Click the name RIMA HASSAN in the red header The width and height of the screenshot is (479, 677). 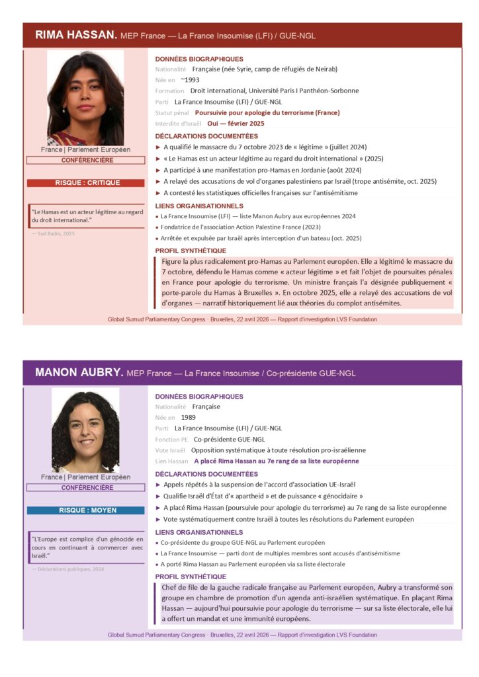click(76, 34)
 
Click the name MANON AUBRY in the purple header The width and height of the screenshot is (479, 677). click(79, 373)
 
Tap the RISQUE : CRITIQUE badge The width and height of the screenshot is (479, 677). click(85, 183)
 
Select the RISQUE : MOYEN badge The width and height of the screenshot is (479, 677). click(85, 510)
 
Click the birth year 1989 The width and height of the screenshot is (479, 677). click(189, 418)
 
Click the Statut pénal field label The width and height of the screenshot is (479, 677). click(172, 112)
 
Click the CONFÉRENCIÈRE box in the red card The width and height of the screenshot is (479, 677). click(85, 161)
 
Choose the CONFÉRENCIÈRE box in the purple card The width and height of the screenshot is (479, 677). click(85, 488)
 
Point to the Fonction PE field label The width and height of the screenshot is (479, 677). click(171, 439)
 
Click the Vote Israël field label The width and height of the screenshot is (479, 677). click(170, 450)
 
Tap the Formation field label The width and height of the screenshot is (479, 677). click(170, 91)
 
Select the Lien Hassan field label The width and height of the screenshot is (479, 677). click(171, 461)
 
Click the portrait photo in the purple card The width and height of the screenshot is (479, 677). click(85, 430)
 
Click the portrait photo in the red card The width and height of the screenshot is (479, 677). click(85, 98)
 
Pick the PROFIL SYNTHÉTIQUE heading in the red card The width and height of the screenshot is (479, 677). click(191, 251)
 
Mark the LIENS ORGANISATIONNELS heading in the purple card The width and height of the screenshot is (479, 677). click(199, 532)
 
